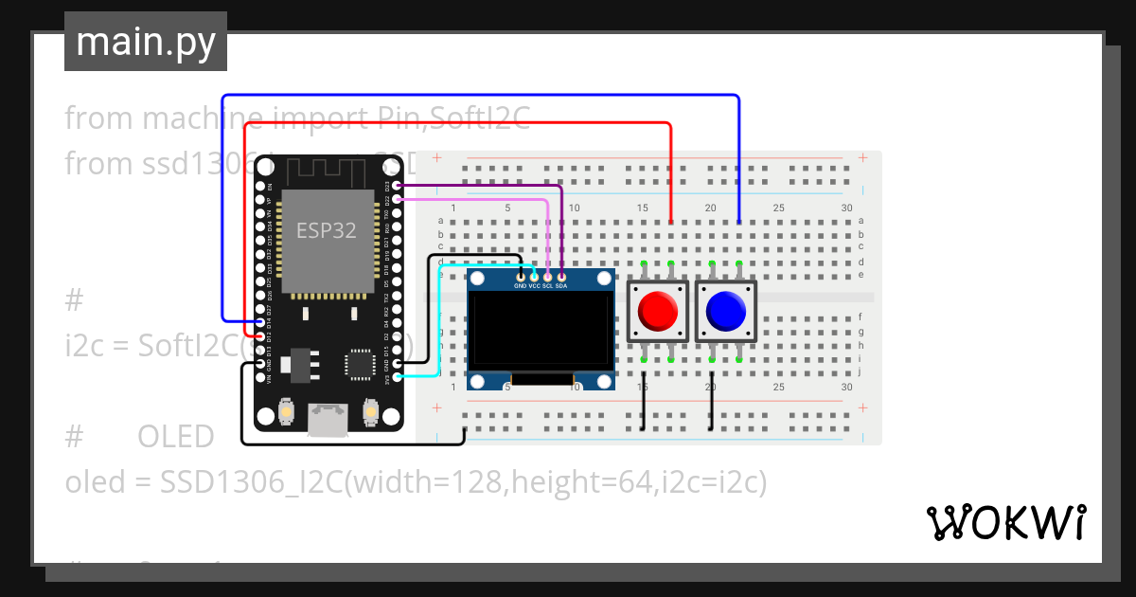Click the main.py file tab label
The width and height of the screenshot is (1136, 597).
click(145, 42)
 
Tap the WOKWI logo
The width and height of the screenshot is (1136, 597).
click(1004, 522)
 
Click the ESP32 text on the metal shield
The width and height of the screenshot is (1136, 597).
click(326, 230)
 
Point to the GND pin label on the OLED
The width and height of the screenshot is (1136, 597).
click(521, 285)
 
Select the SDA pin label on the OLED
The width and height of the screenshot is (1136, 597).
click(561, 285)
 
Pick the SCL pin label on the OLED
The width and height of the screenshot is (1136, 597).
click(547, 285)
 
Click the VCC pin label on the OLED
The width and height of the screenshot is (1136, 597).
click(534, 285)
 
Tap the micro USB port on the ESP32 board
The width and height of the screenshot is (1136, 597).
click(328, 418)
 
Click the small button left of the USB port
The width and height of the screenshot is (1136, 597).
click(286, 413)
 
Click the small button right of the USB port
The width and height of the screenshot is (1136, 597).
click(370, 413)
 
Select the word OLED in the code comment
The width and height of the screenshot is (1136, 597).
click(176, 437)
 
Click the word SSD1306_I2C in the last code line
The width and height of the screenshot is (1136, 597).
click(248, 482)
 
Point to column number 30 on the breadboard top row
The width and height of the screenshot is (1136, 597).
click(846, 208)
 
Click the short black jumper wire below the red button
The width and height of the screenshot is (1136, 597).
click(644, 407)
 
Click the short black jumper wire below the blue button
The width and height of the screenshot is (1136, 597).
click(712, 407)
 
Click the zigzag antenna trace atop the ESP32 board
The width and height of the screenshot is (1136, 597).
click(322, 171)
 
